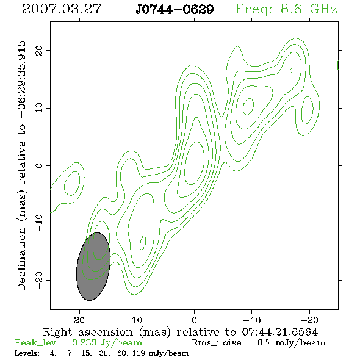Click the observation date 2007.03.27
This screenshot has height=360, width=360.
[62, 9]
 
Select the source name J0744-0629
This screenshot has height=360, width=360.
[175, 10]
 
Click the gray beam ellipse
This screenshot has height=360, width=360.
[93, 267]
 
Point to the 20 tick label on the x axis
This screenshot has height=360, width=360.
[79, 320]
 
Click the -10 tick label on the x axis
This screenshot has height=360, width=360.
[251, 320]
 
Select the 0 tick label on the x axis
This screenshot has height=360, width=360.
[194, 320]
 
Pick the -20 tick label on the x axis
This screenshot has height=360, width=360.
[309, 320]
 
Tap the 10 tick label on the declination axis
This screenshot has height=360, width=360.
[39, 108]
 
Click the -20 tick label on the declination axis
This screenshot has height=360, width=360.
[39, 280]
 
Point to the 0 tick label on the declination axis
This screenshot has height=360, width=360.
[39, 165]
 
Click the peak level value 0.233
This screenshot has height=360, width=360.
[84, 342]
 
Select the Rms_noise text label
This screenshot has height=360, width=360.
[220, 343]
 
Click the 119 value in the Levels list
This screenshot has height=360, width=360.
[139, 353]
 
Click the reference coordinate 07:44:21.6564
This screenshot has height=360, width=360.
[280, 332]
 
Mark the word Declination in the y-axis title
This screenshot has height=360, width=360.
[21, 259]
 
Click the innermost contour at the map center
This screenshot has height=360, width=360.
[195, 163]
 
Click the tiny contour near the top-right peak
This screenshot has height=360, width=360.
[291, 71]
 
